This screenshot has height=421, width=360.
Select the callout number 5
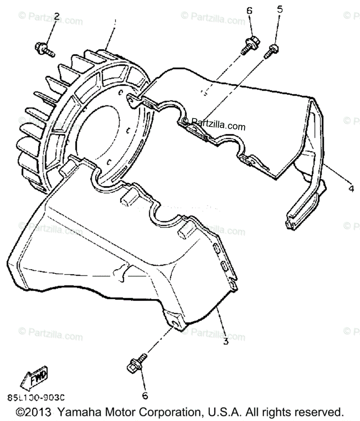coord(280,9)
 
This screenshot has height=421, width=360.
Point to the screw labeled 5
coord(272,50)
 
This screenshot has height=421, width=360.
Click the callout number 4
coord(351,188)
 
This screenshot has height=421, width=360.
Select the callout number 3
coord(226,340)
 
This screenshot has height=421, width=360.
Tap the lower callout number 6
coord(145,396)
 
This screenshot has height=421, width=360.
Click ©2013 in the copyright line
coord(34,412)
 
